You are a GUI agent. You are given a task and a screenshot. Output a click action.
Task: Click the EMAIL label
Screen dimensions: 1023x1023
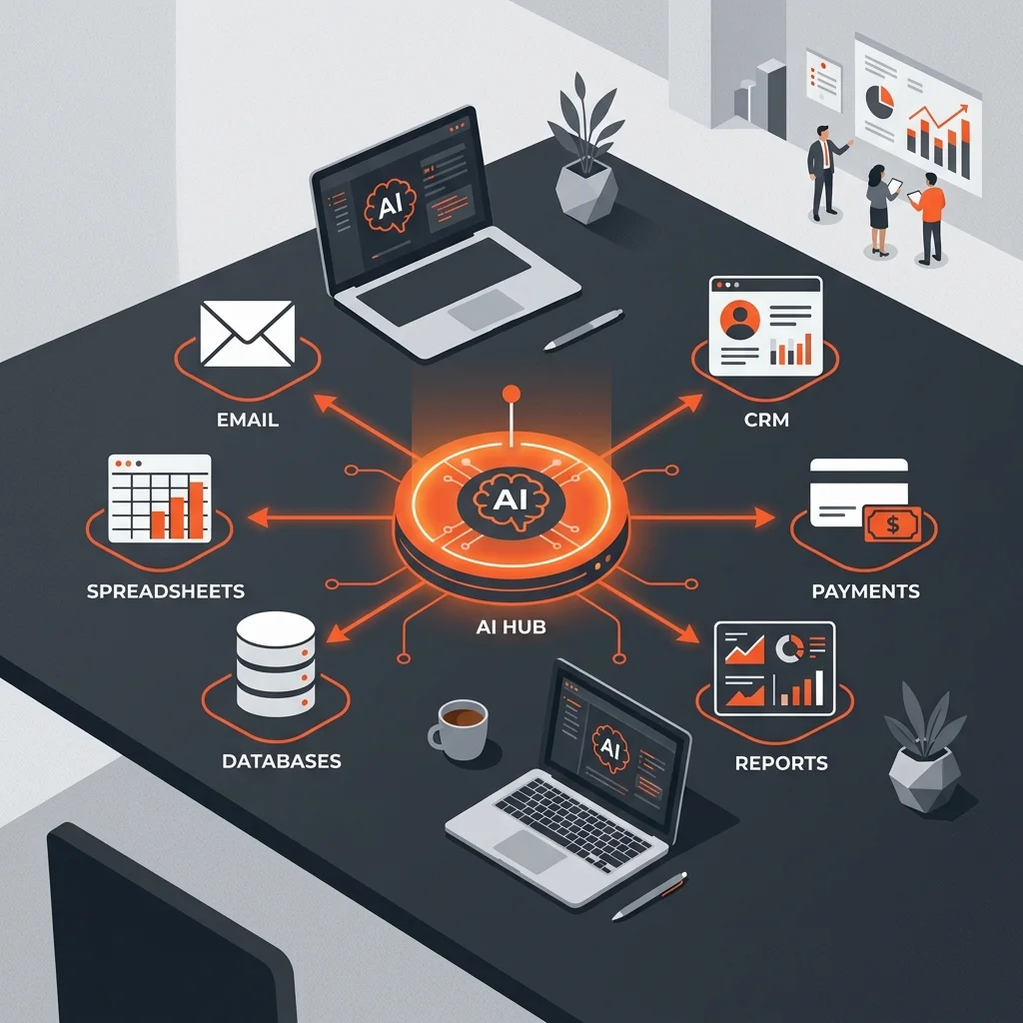pyautogui.click(x=248, y=420)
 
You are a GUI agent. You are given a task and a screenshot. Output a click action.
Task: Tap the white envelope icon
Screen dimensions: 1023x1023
pyautogui.click(x=248, y=334)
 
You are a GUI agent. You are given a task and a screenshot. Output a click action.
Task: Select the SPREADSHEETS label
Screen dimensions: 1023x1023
pyautogui.click(x=166, y=591)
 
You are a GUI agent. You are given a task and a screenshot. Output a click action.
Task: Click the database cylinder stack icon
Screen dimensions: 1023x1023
pyautogui.click(x=276, y=664)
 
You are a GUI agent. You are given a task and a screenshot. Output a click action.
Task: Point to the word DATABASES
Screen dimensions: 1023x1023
pyautogui.click(x=281, y=760)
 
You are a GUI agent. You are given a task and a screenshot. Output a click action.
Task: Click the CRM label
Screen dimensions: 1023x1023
pyautogui.click(x=766, y=420)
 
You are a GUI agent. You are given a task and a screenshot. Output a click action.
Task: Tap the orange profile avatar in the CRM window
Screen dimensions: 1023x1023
pyautogui.click(x=740, y=320)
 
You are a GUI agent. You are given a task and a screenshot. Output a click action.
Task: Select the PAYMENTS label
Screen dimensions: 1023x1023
pyautogui.click(x=866, y=591)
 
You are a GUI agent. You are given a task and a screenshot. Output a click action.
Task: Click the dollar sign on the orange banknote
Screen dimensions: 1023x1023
pyautogui.click(x=892, y=523)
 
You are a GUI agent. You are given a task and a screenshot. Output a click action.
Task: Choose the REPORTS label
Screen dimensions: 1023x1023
pyautogui.click(x=781, y=762)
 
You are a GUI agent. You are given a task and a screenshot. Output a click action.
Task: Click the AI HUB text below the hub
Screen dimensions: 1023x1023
pyautogui.click(x=511, y=627)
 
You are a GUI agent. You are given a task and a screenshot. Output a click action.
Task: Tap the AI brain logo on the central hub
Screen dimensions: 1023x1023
pyautogui.click(x=511, y=500)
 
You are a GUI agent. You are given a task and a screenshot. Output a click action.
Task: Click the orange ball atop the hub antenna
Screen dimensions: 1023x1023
pyautogui.click(x=511, y=394)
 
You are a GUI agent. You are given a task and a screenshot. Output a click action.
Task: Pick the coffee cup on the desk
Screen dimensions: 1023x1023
pyautogui.click(x=459, y=728)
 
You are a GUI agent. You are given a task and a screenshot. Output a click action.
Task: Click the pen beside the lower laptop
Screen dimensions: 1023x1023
pyautogui.click(x=649, y=896)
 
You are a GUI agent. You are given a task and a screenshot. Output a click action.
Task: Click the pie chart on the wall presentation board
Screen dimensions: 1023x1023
pyautogui.click(x=879, y=102)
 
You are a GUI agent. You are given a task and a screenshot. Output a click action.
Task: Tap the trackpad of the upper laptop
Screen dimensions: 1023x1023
pyautogui.click(x=486, y=310)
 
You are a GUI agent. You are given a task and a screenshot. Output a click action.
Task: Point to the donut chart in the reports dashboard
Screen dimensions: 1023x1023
pyautogui.click(x=790, y=648)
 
